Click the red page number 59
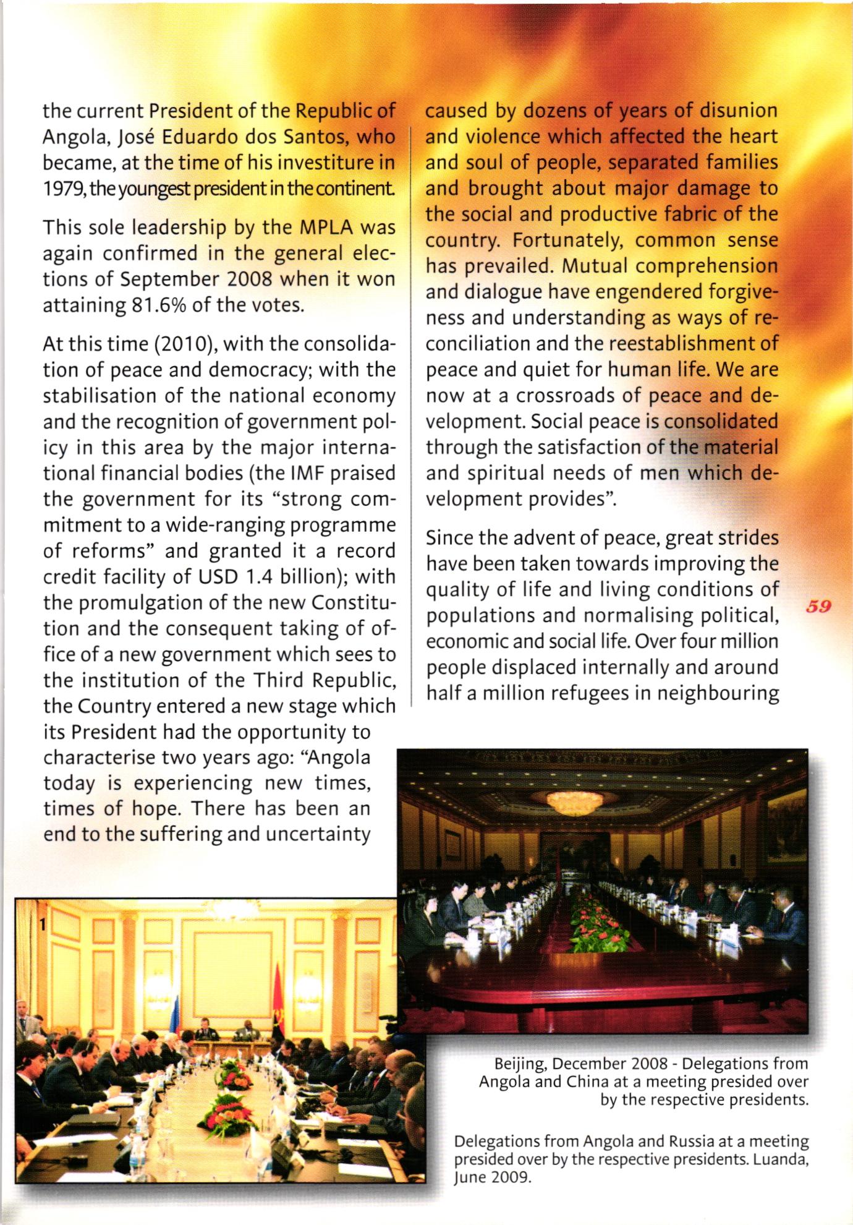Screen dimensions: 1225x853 (818, 606)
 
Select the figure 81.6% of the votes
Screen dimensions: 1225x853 (145, 305)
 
